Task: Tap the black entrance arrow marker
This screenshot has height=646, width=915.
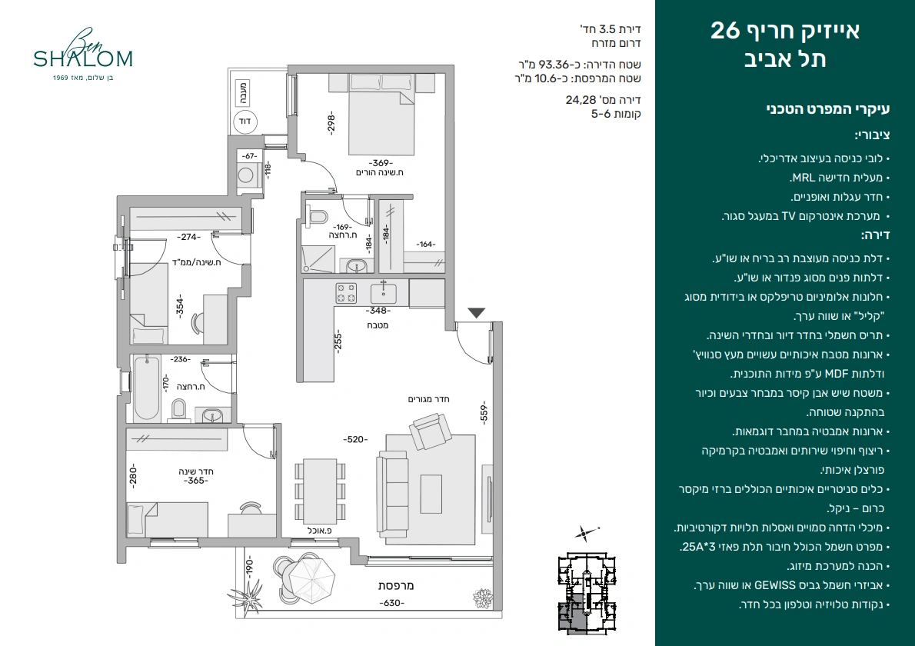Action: click(x=477, y=313)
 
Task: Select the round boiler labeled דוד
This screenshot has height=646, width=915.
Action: click(x=245, y=122)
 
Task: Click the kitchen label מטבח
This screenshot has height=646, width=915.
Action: click(x=378, y=325)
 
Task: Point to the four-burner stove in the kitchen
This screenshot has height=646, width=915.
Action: click(x=346, y=293)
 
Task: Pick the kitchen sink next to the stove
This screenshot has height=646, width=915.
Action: click(x=384, y=292)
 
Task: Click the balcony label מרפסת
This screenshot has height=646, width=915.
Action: click(x=396, y=585)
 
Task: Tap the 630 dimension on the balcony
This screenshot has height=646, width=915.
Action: click(x=391, y=603)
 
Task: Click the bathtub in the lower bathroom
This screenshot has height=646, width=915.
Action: click(x=146, y=388)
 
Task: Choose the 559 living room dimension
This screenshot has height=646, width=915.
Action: click(x=483, y=412)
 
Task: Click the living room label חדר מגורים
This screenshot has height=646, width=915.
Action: click(x=428, y=399)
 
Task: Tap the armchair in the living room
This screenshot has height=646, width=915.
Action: click(x=431, y=431)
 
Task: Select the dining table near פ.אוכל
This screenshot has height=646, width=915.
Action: click(x=320, y=491)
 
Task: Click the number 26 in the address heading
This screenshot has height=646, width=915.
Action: click(x=725, y=30)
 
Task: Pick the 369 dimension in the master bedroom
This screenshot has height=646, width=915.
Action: click(x=381, y=163)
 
